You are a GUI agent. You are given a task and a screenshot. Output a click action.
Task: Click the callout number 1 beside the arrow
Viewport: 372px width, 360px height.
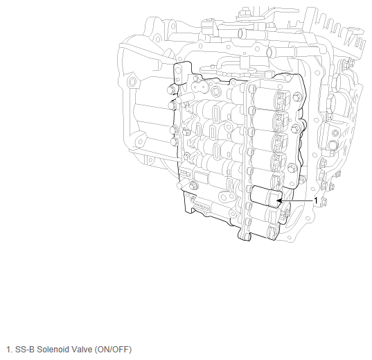[315, 200]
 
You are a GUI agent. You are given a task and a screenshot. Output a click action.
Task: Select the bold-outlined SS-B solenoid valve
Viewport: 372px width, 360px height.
[267, 197]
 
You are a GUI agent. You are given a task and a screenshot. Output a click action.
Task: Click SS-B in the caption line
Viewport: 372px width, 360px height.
[25, 350]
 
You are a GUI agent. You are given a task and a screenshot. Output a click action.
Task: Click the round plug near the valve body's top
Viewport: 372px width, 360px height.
[215, 91]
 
